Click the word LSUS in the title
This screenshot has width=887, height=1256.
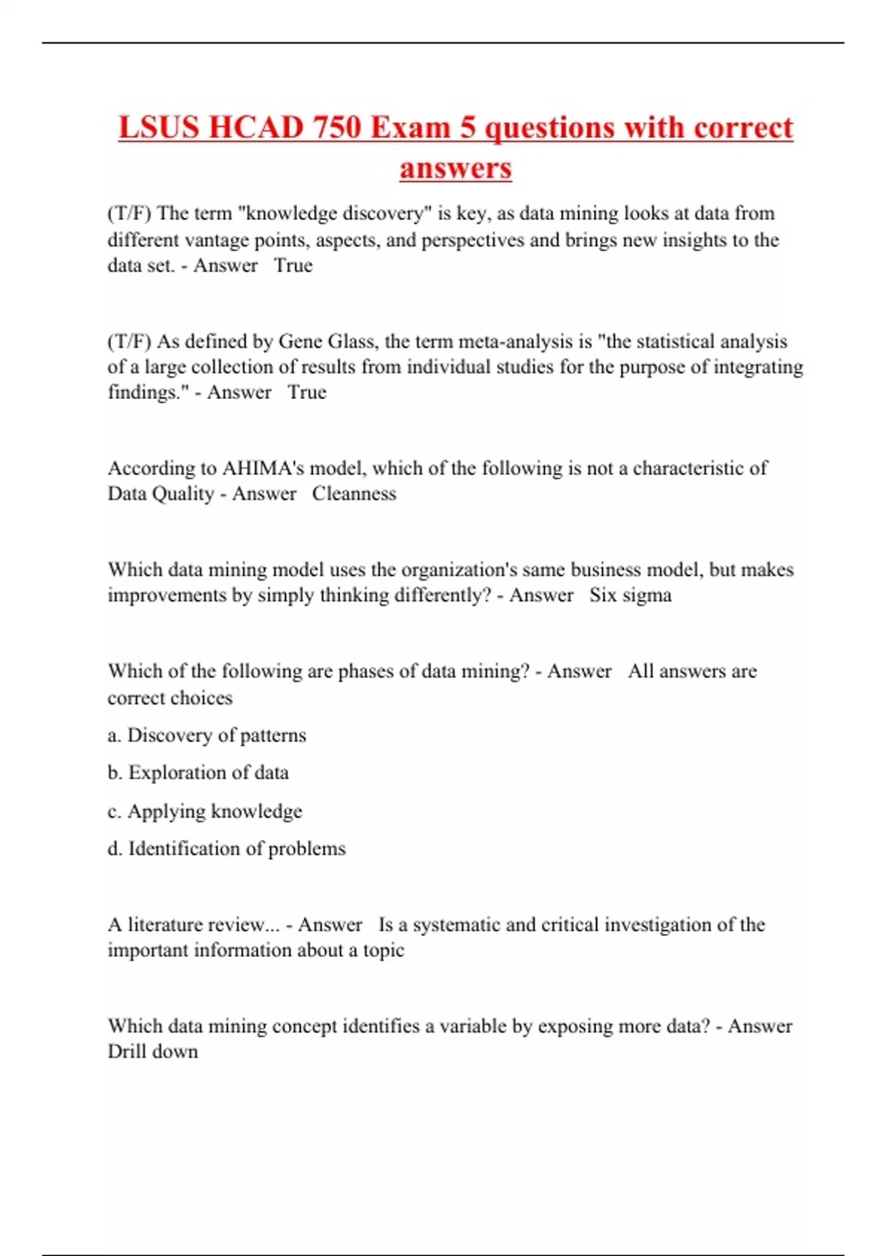(x=157, y=127)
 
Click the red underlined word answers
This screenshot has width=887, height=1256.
(x=455, y=168)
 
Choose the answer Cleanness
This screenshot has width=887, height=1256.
(x=353, y=494)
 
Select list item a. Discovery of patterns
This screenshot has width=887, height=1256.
(x=207, y=735)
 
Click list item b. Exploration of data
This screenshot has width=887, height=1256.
(x=198, y=773)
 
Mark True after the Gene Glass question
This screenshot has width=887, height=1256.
(x=307, y=392)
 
